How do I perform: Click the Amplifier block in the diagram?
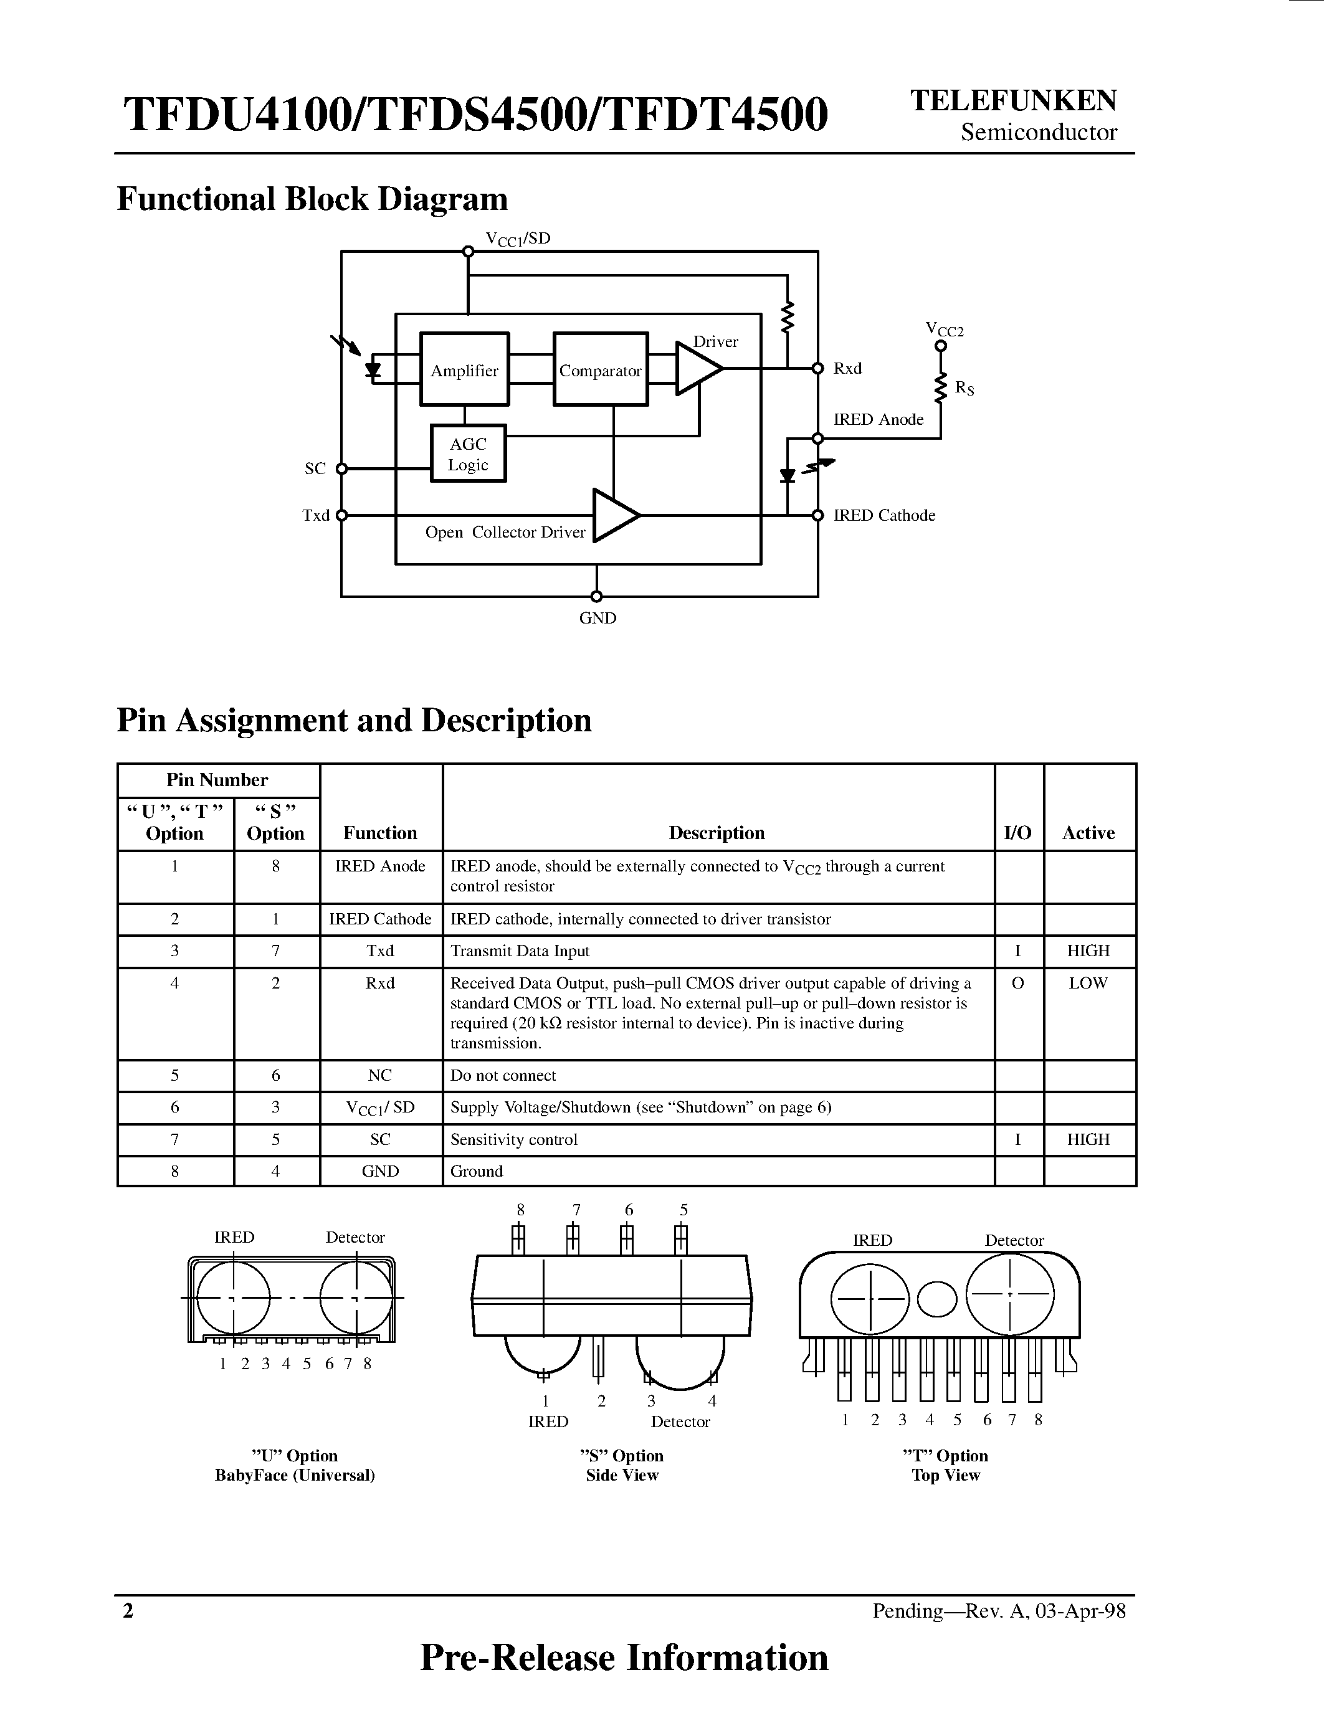click(464, 369)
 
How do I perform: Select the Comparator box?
click(600, 369)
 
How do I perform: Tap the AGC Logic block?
click(469, 453)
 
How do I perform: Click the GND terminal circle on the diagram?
click(596, 596)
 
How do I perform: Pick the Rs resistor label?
click(964, 387)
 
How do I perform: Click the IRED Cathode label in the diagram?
click(884, 515)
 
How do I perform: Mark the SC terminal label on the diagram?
click(315, 468)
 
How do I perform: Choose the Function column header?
click(381, 833)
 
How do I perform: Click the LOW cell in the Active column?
click(1088, 983)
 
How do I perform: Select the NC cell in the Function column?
click(381, 1075)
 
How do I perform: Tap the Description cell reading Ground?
click(477, 1171)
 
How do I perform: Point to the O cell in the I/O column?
click(1018, 983)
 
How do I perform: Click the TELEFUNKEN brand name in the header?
click(1012, 100)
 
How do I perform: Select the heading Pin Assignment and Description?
click(354, 720)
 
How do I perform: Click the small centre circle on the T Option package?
click(937, 1299)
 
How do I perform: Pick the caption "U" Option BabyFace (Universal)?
click(295, 1465)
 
